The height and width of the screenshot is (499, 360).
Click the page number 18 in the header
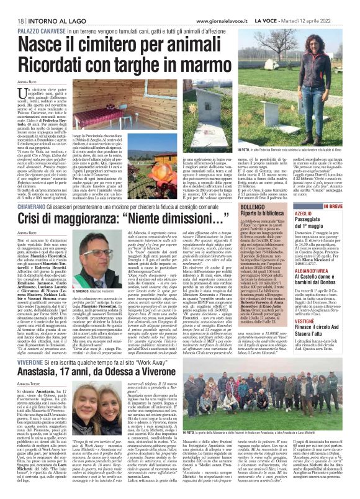[x=12, y=6]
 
